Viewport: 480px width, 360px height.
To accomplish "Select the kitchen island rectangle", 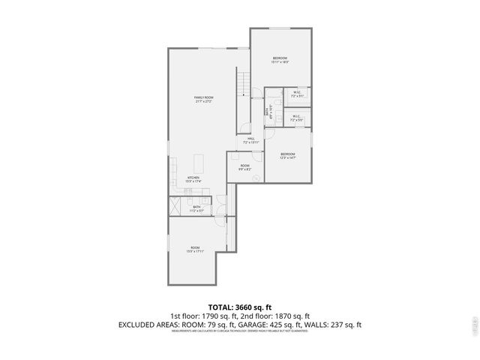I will [199, 163].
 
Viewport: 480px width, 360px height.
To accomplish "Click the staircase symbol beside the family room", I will [242, 85].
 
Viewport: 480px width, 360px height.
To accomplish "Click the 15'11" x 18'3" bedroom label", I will [280, 59].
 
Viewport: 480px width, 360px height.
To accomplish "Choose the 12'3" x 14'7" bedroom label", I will [288, 156].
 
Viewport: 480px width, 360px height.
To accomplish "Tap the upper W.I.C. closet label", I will [297, 94].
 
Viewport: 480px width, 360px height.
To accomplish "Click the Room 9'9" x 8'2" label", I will [245, 167].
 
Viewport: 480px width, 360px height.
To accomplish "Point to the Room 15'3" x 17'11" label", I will [195, 249].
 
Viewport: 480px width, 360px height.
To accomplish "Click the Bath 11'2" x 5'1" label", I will [196, 208].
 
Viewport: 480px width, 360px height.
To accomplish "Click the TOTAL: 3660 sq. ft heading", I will [239, 307].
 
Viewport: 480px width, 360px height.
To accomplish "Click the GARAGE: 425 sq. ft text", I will [281, 325].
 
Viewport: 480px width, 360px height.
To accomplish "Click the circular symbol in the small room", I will [256, 178].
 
